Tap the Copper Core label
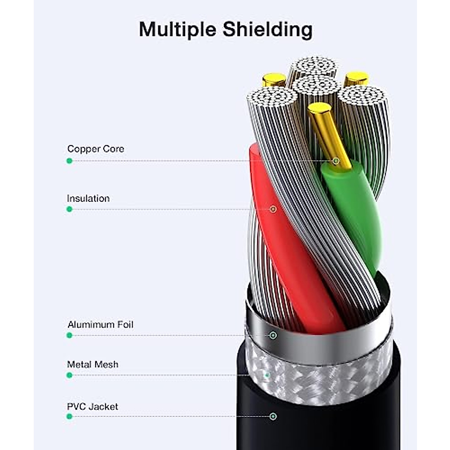(96, 149)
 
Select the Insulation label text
(88, 198)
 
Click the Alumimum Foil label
(100, 324)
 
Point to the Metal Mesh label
(92, 364)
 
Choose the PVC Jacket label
(92, 406)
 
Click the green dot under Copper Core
(69, 161)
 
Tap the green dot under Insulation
(69, 209)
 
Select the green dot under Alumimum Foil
(69, 335)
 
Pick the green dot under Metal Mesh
(69, 375)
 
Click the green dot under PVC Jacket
(69, 416)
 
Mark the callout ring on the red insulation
(273, 209)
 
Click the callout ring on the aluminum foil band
(273, 335)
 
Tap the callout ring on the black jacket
(273, 416)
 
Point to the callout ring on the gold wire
(336, 161)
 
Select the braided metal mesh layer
(319, 379)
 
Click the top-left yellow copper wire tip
(274, 79)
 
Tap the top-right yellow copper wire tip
(356, 78)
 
